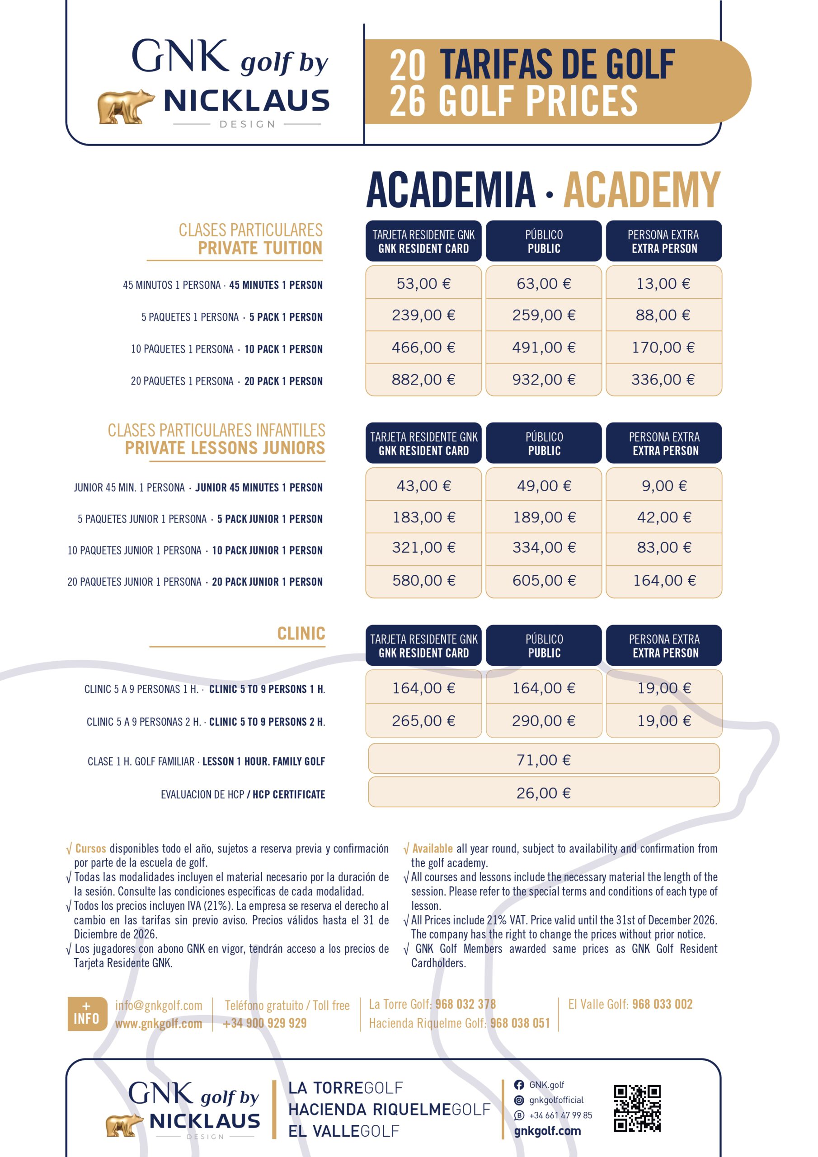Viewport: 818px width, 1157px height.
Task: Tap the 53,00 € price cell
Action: point(423,284)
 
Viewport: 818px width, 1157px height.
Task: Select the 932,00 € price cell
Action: point(543,380)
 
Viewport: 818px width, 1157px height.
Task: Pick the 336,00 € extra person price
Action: point(663,380)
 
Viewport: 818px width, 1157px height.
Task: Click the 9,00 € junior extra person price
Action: point(664,486)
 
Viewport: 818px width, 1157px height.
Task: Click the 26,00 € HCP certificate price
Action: point(543,793)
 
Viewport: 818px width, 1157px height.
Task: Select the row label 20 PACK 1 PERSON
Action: point(283,381)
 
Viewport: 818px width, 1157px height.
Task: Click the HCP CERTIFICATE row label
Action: point(289,795)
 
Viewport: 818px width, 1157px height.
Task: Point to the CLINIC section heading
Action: point(301,634)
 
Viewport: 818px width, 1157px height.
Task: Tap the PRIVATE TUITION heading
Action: point(259,248)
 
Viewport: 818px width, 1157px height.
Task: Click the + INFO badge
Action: point(87,1014)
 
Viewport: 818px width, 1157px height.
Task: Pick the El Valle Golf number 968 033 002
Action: point(662,1004)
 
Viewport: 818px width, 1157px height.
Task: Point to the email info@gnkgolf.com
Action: point(158,1006)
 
